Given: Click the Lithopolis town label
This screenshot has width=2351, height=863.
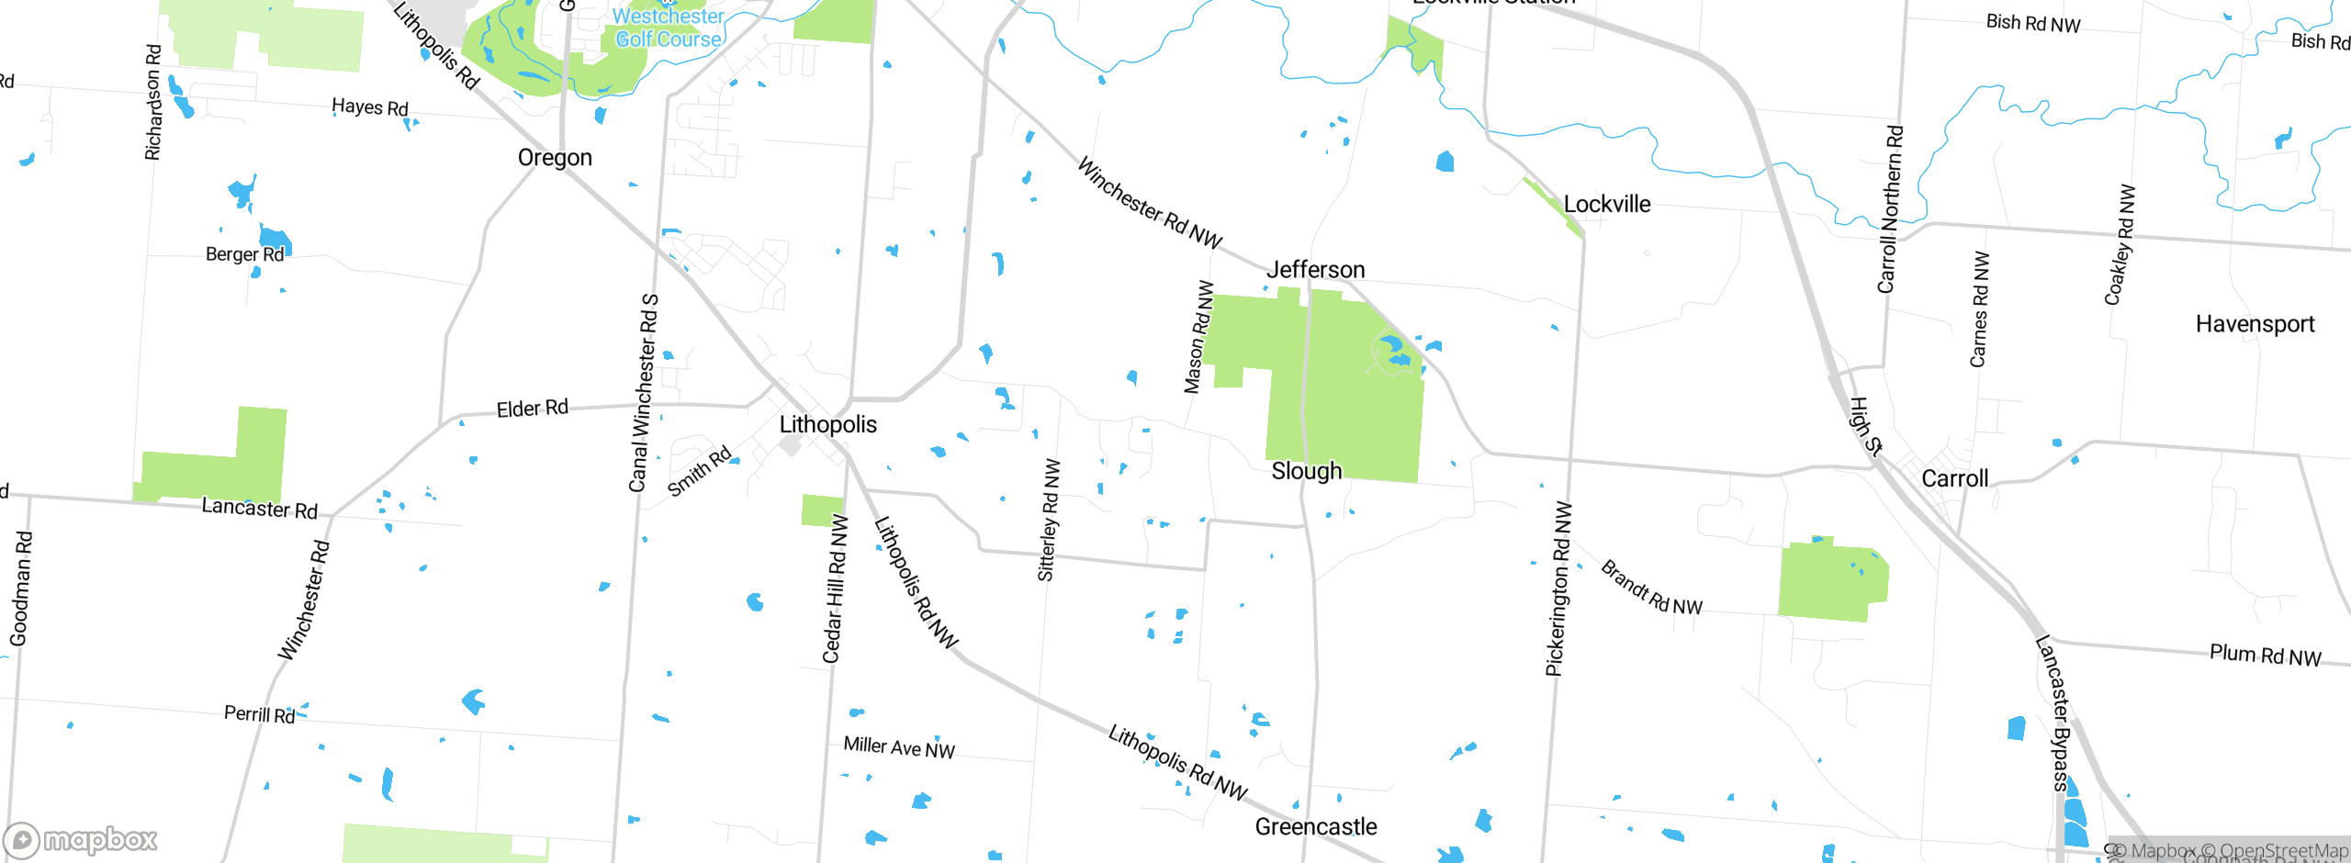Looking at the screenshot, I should [827, 424].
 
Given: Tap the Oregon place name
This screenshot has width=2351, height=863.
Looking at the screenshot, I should [555, 158].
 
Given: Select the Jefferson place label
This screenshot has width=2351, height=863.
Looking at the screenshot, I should [1315, 270].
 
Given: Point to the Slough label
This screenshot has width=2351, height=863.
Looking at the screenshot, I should [1306, 471].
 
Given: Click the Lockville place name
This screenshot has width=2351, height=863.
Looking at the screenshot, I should [1606, 205].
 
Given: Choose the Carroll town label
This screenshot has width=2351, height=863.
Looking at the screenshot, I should [1954, 478].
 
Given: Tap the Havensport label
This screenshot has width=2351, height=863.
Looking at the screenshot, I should [2255, 324].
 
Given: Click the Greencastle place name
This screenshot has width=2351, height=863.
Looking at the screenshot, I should [1315, 827].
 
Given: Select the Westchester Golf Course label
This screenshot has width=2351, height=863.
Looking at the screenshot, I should [668, 28].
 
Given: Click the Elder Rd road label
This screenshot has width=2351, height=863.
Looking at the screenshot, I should [532, 409].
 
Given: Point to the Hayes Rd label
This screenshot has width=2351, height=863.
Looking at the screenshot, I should [369, 107].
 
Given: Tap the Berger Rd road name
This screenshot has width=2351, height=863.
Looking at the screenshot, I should [244, 254].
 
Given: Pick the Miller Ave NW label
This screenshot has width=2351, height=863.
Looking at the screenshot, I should [899, 748].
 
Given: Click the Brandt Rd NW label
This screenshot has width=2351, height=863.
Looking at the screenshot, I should [1651, 588].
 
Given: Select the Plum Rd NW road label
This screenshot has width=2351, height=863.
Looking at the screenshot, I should [2265, 656].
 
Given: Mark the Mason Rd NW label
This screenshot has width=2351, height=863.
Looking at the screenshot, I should [1198, 337].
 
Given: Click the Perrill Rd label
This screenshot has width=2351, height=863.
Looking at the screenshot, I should [259, 714].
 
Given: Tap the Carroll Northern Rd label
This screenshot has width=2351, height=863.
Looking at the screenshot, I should [1890, 209].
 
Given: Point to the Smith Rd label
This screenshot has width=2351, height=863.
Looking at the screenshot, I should [699, 471].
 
